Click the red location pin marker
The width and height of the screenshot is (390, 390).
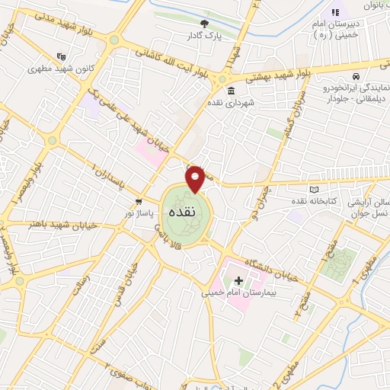click(196, 178)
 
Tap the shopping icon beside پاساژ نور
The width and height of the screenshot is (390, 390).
click(138, 202)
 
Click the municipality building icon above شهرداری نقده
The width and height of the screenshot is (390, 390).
click(230, 91)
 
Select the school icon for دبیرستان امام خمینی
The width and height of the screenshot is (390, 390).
click(334, 11)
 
